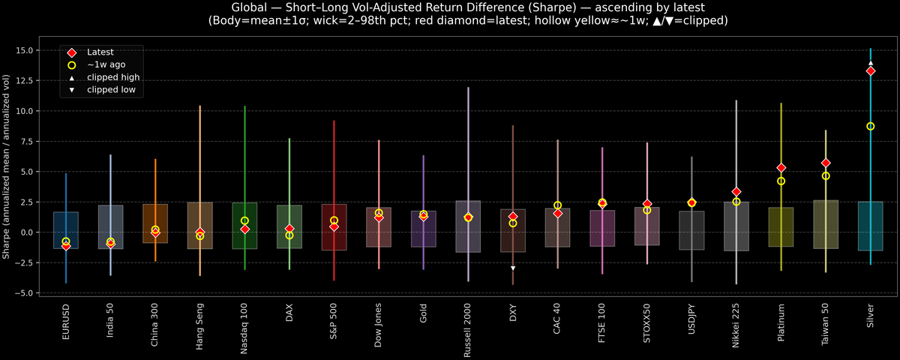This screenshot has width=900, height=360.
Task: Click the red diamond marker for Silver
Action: coord(870,71)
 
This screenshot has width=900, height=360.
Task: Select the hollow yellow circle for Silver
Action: coord(870,126)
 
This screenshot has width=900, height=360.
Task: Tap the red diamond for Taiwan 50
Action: coord(826,163)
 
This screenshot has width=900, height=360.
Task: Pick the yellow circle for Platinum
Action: coord(781,181)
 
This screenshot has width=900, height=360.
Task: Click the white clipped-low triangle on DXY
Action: coord(513,268)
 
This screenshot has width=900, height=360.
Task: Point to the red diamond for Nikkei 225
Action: coord(736,192)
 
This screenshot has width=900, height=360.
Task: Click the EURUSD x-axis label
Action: coord(66,320)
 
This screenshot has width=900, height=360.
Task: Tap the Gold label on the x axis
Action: coord(424,313)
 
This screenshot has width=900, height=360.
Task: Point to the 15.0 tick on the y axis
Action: coord(29,50)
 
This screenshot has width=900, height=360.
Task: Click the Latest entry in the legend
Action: coord(100,52)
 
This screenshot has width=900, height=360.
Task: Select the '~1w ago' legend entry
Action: coord(106,65)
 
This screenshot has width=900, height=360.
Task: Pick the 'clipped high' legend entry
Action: coord(112,77)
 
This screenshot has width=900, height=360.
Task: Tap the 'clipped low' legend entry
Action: coord(111,90)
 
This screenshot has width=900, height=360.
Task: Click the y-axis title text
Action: coord(7,166)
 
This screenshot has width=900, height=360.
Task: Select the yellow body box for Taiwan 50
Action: coord(826,224)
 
